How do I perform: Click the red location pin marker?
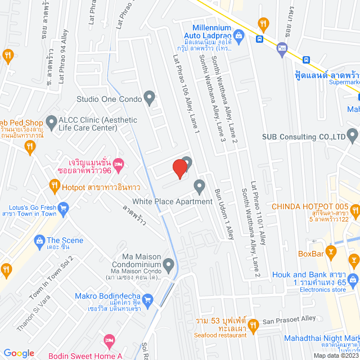(x=179, y=168)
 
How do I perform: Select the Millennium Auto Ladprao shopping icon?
(x=239, y=38)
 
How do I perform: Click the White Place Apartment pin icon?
(x=199, y=186)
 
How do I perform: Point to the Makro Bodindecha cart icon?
(x=147, y=300)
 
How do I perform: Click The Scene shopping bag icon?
(x=39, y=241)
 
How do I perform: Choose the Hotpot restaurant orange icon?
(x=54, y=184)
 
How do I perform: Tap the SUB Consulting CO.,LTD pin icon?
(x=353, y=135)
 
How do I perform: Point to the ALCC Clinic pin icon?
(x=51, y=120)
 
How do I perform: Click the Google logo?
(x=19, y=353)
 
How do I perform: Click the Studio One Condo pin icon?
(x=149, y=99)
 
